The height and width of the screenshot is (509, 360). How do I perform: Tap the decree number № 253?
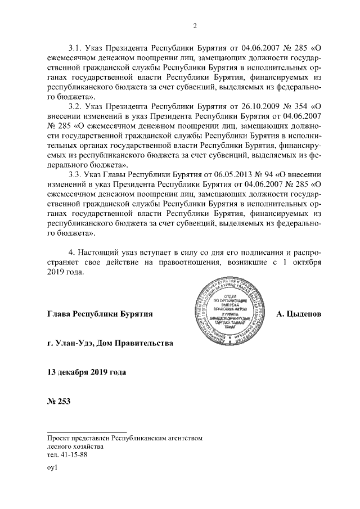point(59,402)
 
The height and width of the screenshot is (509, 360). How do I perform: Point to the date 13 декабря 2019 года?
point(87,372)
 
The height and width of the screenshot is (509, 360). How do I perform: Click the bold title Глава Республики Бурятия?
point(101,312)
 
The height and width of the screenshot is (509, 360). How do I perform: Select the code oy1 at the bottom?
point(53,467)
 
